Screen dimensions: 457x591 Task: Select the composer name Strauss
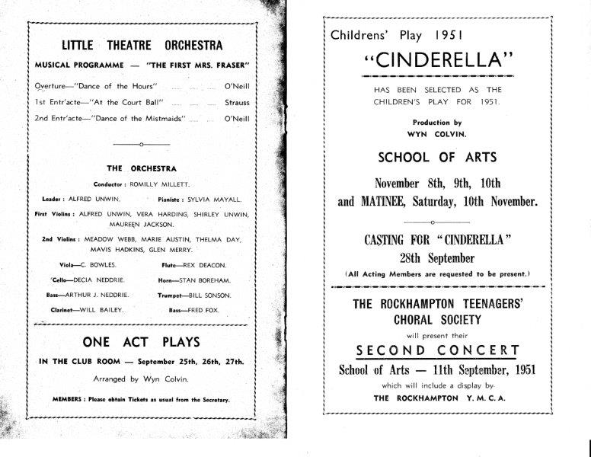pyautogui.click(x=237, y=101)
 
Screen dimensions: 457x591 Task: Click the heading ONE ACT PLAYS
pyautogui.click(x=142, y=343)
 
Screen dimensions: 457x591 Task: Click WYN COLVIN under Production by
pyautogui.click(x=436, y=133)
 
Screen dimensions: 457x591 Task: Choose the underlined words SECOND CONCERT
pyautogui.click(x=438, y=351)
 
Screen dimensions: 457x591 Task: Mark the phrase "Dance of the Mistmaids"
pyautogui.click(x=134, y=118)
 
